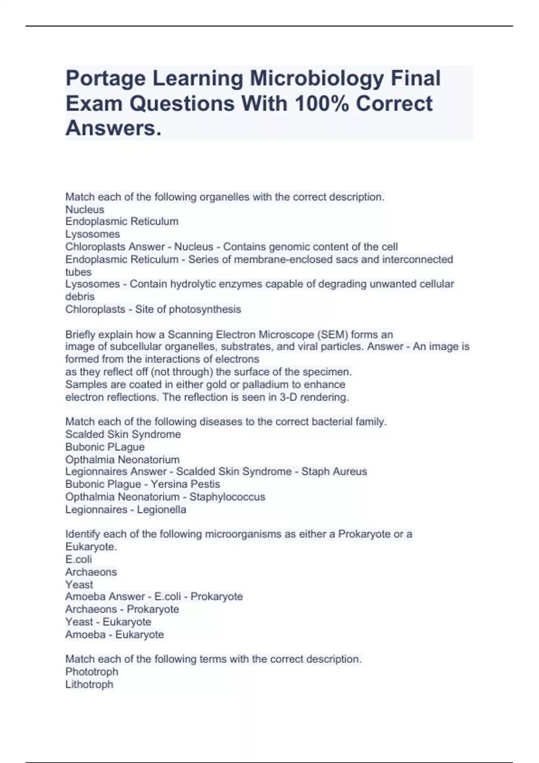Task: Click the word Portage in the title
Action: coord(106,79)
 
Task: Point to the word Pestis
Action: coord(206,484)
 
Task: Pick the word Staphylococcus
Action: coord(227,497)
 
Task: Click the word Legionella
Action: coord(162,509)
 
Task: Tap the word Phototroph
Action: coord(92,672)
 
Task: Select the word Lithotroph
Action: coord(89,684)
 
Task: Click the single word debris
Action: coord(80,297)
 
